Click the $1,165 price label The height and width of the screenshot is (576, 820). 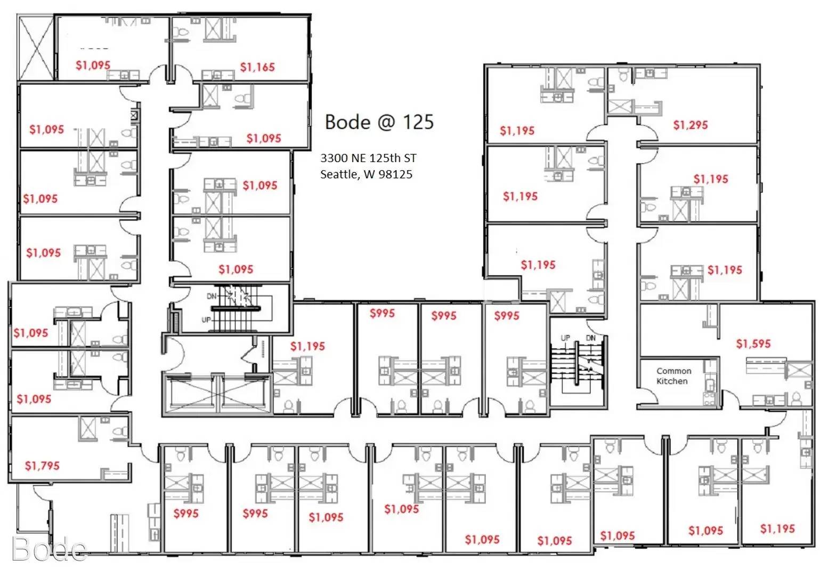(257, 67)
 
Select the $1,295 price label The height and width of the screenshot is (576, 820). (691, 125)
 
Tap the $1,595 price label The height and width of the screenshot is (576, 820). (753, 343)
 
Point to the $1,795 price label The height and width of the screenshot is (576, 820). (42, 466)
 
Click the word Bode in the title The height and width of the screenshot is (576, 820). (348, 122)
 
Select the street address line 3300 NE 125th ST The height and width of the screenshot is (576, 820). (368, 158)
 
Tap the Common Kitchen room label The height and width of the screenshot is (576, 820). (674, 376)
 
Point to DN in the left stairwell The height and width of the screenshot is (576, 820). (212, 296)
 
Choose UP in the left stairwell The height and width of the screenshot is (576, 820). (206, 320)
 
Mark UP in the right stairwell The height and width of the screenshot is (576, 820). (565, 338)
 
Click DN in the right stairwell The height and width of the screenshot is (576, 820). (590, 338)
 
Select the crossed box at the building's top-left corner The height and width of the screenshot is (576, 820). (36, 47)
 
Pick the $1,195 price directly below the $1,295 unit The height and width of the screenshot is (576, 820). (711, 179)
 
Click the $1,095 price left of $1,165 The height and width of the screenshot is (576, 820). (93, 65)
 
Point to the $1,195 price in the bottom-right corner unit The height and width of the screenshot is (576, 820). (777, 529)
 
